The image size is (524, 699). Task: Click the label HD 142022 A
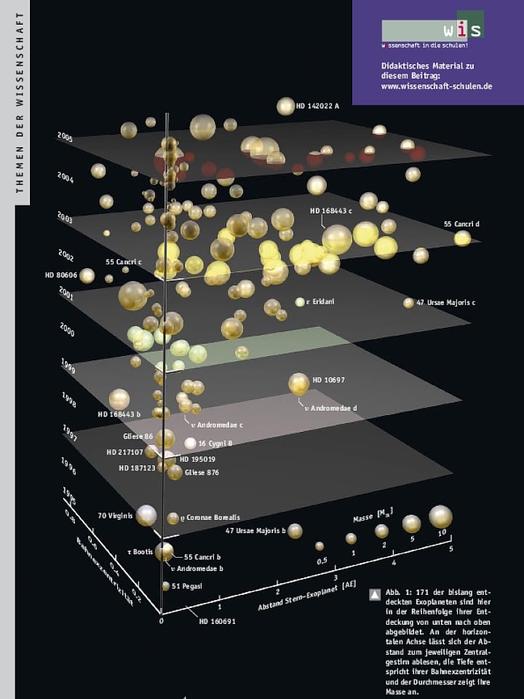(318, 106)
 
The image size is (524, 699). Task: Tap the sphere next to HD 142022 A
(286, 106)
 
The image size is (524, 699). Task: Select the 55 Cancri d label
(461, 224)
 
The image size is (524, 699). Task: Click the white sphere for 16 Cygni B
(191, 443)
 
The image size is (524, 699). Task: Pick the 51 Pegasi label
(187, 586)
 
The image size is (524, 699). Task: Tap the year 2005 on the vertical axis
(65, 138)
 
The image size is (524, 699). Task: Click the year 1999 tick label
(69, 369)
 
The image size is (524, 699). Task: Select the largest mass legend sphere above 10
(440, 516)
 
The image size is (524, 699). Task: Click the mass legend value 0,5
(321, 561)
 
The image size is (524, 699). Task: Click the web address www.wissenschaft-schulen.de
(437, 86)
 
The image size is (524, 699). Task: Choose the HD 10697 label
(328, 380)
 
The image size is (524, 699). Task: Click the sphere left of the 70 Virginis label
(146, 516)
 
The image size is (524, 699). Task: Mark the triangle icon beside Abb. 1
(375, 595)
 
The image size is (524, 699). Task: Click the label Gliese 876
(202, 473)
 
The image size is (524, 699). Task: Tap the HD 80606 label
(60, 275)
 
